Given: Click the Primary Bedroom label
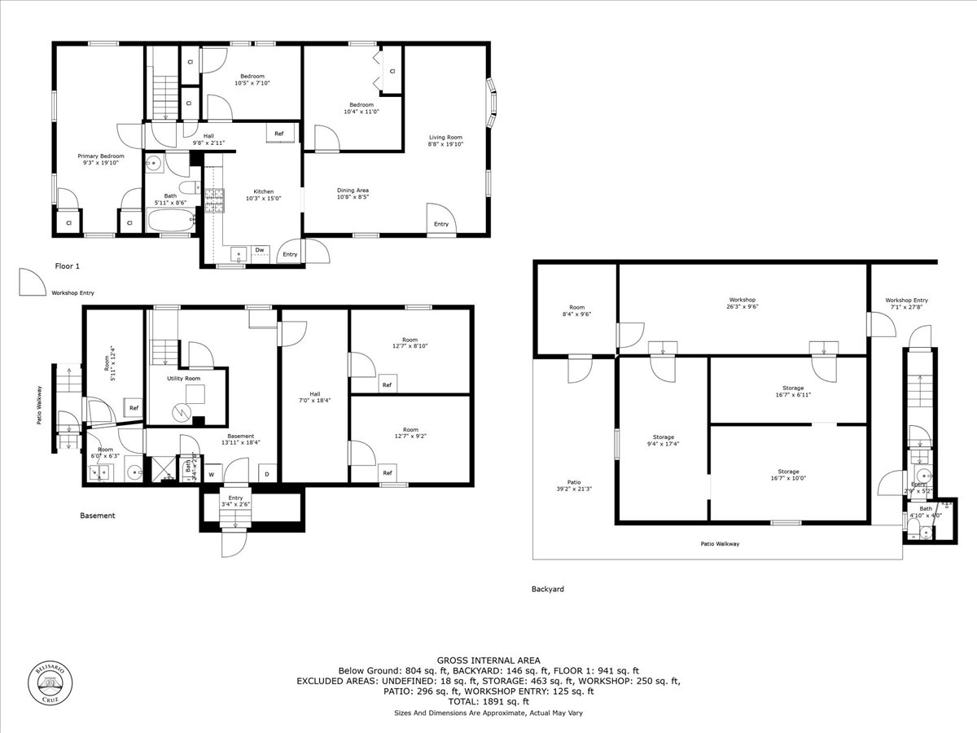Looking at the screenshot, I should tap(101, 156).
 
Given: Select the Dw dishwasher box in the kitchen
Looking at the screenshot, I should tap(260, 250).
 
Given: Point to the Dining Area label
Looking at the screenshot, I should tap(353, 191).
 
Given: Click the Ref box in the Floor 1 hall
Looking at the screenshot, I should tap(278, 134).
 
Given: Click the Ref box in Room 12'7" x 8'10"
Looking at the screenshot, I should tap(387, 385).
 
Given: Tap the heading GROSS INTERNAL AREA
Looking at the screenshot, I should tap(488, 660).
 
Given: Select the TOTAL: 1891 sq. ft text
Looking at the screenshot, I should tap(488, 701).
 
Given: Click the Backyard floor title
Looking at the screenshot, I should tap(547, 589).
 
